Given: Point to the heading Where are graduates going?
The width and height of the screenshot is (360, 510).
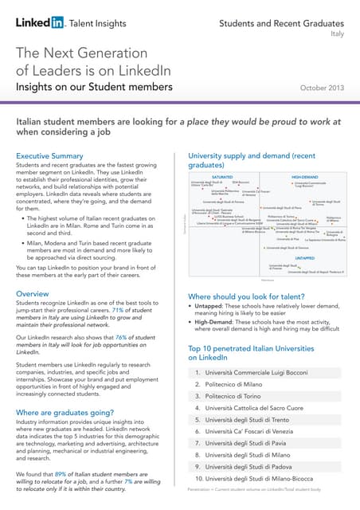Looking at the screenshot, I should [72, 412].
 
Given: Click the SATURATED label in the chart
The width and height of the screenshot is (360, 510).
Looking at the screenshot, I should [221, 177].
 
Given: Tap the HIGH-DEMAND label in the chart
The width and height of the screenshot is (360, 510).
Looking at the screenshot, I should [304, 177].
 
